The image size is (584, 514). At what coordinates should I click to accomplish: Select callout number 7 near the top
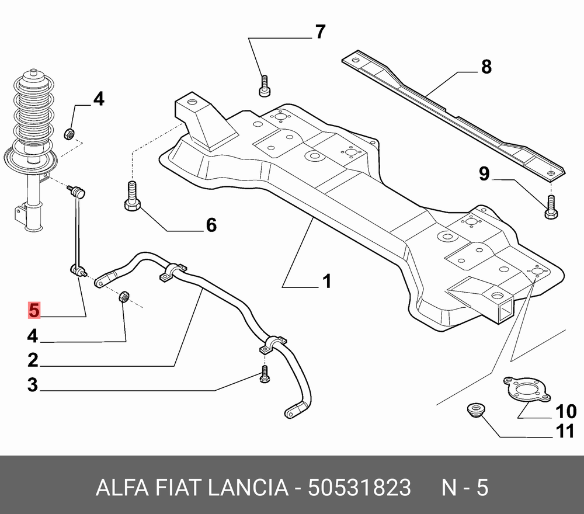point(320,32)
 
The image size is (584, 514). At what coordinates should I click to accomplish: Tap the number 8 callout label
point(486,67)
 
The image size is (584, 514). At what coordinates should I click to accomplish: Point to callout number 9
point(484,173)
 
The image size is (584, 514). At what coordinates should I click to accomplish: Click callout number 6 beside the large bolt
point(211,225)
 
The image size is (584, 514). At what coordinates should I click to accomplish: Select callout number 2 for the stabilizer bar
point(32,360)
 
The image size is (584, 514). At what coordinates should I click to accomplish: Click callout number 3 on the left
point(32,385)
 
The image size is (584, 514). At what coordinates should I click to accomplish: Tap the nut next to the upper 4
point(69,133)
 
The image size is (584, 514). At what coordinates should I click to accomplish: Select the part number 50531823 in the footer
point(360,487)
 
